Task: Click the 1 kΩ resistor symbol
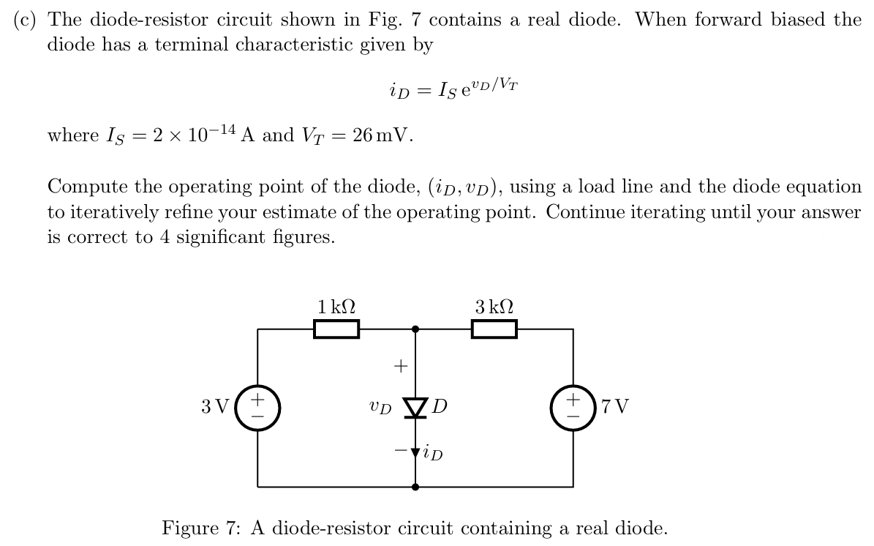coord(336,330)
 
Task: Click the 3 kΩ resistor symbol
coord(494,330)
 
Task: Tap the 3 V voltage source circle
coord(257,407)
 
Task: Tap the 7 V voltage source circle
coord(573,407)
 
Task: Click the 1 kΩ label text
coord(336,307)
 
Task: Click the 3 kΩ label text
coord(494,307)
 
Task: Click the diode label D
coord(440,405)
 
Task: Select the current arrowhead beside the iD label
coord(416,453)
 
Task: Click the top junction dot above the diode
coord(416,329)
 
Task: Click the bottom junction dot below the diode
coord(416,486)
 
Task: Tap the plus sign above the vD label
coord(400,364)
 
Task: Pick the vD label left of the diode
coord(380,405)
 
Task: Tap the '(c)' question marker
coord(26,20)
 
